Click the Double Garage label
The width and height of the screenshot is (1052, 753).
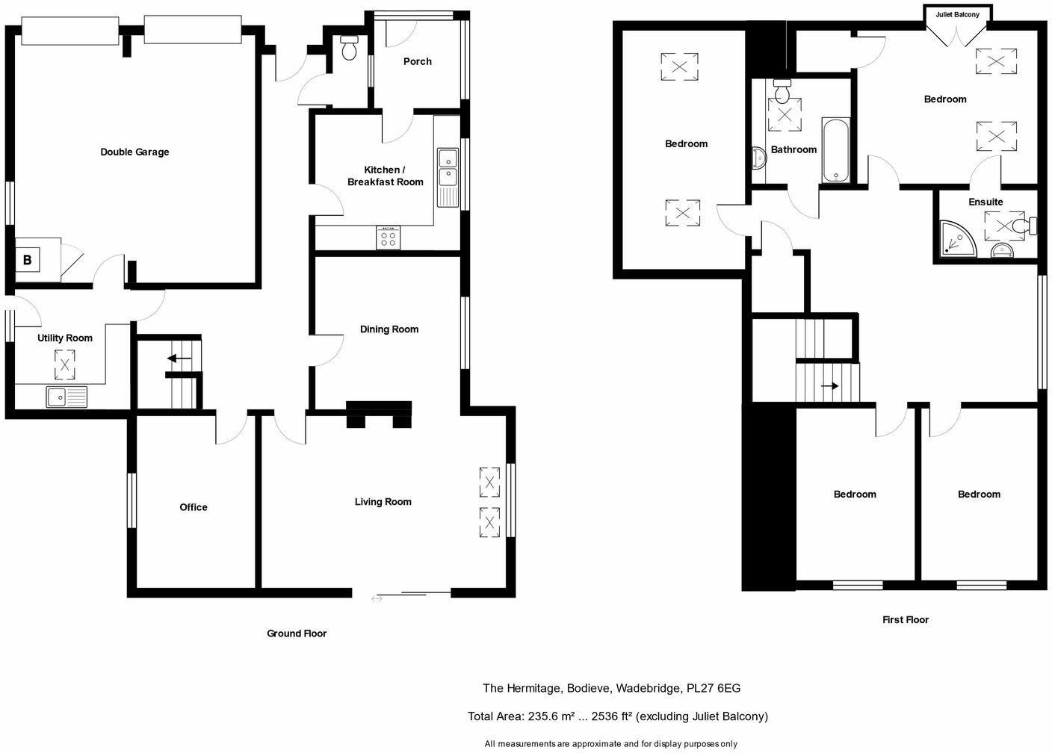(134, 152)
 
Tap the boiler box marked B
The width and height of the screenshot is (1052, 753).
(28, 260)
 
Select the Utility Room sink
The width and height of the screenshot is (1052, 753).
(66, 397)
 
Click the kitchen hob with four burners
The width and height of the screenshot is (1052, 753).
(388, 238)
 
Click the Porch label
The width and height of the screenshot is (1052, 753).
(417, 61)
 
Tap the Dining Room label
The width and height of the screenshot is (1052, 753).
(389, 329)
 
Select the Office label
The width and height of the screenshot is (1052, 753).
(193, 507)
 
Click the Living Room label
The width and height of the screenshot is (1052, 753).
(383, 502)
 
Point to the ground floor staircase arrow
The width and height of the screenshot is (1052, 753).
(179, 359)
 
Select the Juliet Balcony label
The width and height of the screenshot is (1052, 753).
(957, 14)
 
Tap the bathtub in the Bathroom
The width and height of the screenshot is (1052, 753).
(835, 150)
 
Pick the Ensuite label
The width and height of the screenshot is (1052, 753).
(985, 202)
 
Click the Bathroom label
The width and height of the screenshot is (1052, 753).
(793, 149)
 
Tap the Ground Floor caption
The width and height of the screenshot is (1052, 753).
(297, 633)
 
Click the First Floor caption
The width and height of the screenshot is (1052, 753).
(905, 619)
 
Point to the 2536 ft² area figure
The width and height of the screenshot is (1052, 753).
(611, 716)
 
